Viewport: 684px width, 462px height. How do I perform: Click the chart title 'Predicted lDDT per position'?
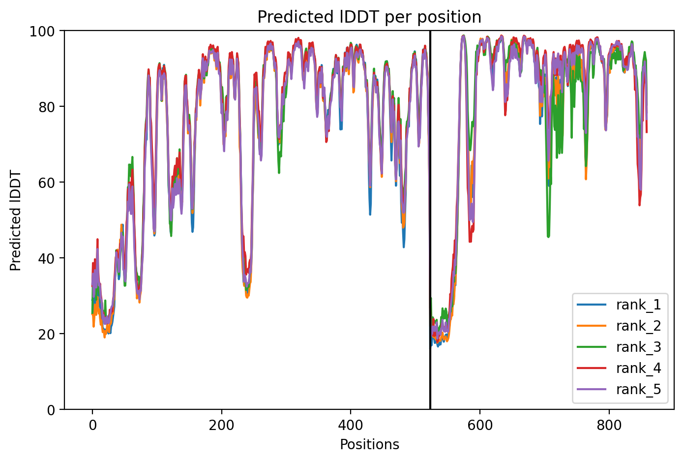(369, 17)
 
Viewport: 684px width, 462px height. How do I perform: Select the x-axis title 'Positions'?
(369, 445)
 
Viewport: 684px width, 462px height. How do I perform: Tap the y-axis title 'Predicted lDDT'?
(15, 220)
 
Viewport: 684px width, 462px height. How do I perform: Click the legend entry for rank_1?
(619, 305)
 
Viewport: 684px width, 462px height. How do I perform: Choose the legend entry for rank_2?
(619, 326)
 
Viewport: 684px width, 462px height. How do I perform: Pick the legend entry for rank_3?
(619, 347)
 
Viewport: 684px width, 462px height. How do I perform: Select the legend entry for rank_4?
(619, 368)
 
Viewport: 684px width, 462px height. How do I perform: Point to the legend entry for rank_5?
(619, 389)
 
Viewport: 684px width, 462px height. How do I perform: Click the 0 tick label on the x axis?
(92, 425)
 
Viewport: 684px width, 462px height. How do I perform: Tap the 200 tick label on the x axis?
(221, 425)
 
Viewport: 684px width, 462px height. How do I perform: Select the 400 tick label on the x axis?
(351, 425)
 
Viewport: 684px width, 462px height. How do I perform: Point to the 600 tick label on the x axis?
(480, 425)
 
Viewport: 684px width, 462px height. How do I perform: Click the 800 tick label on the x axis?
(609, 425)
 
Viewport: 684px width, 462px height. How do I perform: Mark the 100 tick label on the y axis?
(42, 31)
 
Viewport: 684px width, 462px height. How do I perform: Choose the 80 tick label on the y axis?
(47, 107)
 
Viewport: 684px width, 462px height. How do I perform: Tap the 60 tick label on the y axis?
(47, 183)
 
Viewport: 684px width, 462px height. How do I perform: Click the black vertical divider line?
(430, 220)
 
